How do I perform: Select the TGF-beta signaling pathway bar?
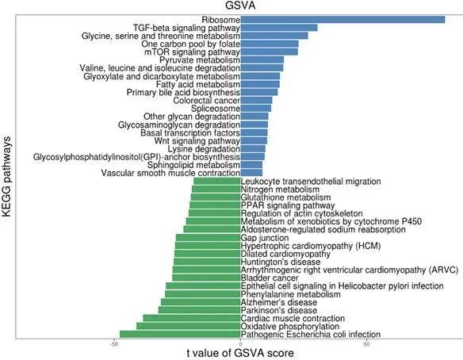click(278, 28)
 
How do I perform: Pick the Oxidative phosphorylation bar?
click(188, 325)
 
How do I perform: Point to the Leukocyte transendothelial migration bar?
click(216, 182)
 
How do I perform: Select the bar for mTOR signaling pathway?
click(269, 52)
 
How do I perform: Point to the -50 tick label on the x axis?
click(115, 344)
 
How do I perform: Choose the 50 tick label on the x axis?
click(366, 344)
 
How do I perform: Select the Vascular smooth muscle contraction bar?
click(251, 173)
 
